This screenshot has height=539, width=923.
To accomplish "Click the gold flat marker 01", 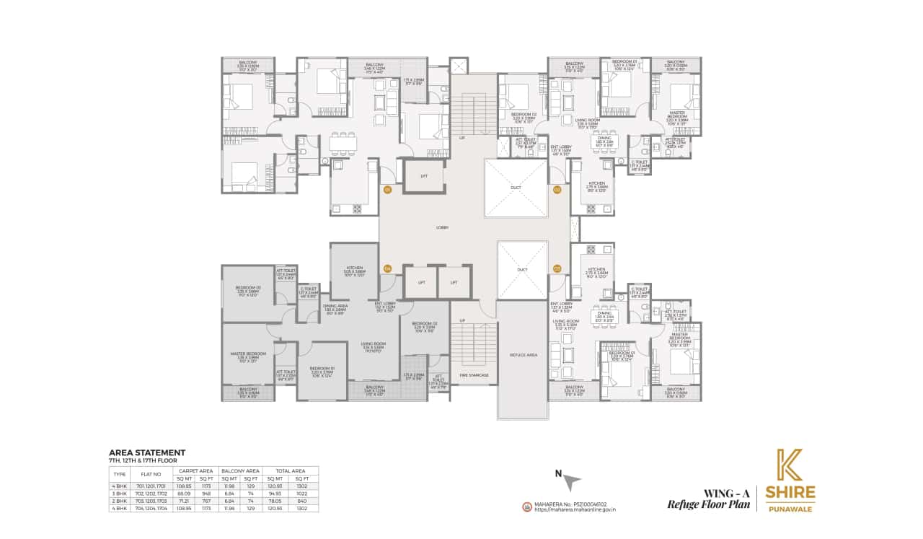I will (387, 190).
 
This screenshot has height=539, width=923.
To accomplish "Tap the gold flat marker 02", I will (557, 190).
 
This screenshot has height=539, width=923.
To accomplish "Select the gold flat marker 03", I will (557, 268).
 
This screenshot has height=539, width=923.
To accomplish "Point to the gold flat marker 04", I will (387, 268).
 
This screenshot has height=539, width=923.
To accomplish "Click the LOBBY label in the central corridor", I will (442, 228).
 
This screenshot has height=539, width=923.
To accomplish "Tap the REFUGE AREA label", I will (522, 355).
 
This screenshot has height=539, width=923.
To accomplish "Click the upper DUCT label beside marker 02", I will (516, 188).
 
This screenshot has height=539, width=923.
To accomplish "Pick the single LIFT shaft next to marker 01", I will (423, 176).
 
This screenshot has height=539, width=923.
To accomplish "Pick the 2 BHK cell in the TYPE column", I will (120, 501).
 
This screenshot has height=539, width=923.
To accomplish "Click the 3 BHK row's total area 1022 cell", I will (302, 494).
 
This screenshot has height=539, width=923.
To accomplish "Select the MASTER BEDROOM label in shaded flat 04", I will (247, 355).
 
